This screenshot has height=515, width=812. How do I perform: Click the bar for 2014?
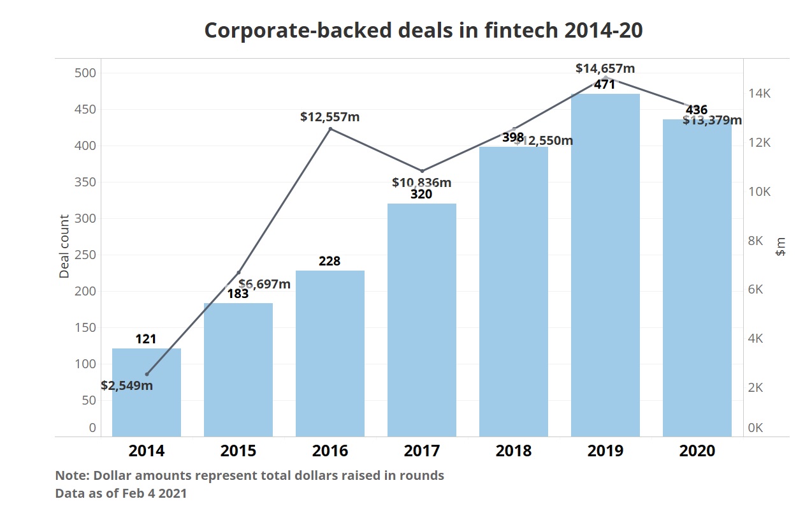point(147,392)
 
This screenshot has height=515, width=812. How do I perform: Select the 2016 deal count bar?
point(330,354)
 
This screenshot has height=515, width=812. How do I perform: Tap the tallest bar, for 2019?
point(605,265)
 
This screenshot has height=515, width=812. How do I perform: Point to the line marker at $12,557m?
point(330,129)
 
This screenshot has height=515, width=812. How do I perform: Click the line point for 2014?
point(147,374)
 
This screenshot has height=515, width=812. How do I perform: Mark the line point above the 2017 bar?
point(422,171)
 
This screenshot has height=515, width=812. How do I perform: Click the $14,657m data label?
point(605,68)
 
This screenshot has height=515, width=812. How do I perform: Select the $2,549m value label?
point(127,385)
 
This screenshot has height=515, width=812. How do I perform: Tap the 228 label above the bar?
point(330,261)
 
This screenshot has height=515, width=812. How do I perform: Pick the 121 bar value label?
point(146,339)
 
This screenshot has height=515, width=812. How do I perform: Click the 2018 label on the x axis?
point(514,451)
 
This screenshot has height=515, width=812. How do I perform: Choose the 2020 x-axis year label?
point(697,451)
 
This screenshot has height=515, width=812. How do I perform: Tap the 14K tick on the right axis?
point(759,94)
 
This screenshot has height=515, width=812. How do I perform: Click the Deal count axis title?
point(64,246)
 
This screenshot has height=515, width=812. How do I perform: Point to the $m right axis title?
point(781,246)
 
